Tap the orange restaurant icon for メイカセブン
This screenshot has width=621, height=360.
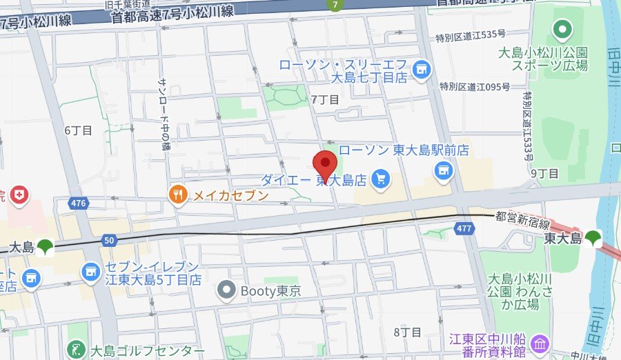[178, 195]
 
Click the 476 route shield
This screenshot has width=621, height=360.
[79, 203]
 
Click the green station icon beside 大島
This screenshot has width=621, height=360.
[45, 246]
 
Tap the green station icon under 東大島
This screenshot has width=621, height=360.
[592, 239]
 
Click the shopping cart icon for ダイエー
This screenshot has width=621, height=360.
[379, 180]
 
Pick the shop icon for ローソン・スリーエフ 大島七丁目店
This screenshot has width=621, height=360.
[420, 69]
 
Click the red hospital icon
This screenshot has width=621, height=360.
[21, 196]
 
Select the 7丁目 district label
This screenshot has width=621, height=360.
[325, 99]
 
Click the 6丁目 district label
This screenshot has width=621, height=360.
[78, 130]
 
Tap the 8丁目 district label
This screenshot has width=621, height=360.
[407, 332]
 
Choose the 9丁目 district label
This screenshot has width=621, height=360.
[544, 172]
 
